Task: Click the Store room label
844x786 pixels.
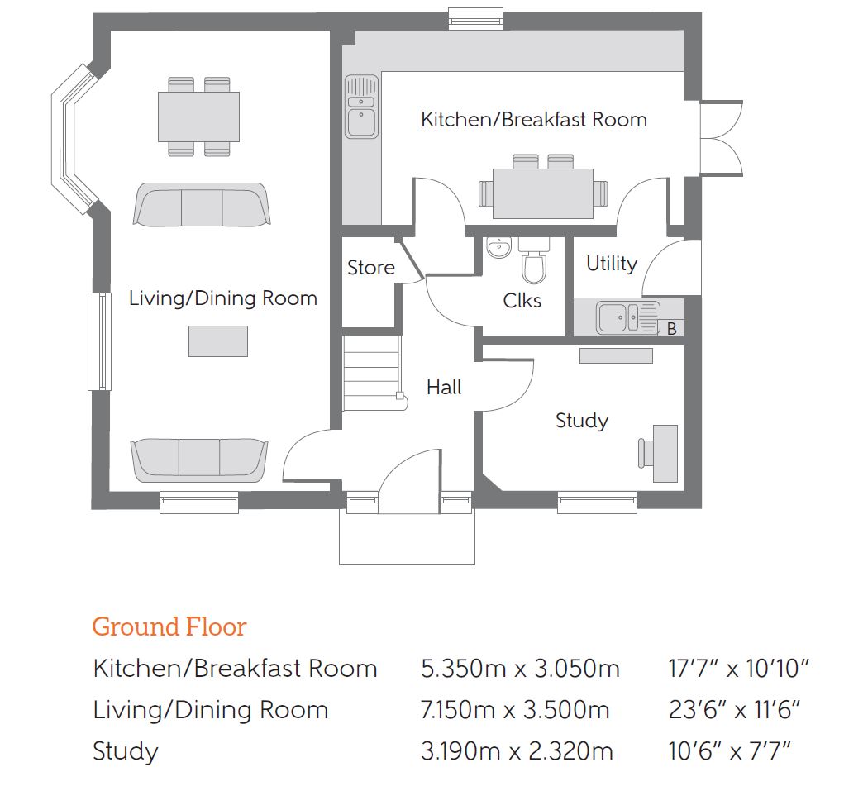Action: coord(371,267)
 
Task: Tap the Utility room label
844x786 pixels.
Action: coord(612,264)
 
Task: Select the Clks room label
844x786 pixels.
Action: coord(522,300)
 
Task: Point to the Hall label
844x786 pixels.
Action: coord(444,387)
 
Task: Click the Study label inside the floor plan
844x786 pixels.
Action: coord(582,421)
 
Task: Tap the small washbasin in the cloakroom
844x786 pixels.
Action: coord(499,248)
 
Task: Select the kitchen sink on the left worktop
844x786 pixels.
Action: coord(361,107)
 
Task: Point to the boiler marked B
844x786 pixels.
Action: coord(671,328)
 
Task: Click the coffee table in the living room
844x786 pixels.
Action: coord(218,341)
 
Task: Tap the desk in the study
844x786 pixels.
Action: coord(665,453)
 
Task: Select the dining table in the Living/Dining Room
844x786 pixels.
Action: coord(198,117)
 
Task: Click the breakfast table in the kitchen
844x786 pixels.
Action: coord(543,193)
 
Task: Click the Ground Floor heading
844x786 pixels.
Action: coord(169,626)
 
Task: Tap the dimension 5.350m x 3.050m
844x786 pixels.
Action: coord(520,669)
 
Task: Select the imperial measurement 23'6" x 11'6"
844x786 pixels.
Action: coord(734,710)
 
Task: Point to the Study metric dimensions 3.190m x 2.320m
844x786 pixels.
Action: coord(517,751)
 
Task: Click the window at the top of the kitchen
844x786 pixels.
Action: coord(476,19)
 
